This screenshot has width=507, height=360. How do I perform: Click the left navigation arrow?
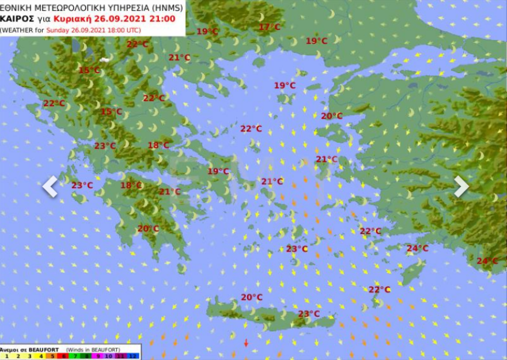click(50, 186)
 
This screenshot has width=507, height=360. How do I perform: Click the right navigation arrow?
click(461, 186)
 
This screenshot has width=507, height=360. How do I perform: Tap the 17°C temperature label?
click(269, 27)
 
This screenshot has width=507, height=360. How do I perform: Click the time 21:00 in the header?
click(163, 18)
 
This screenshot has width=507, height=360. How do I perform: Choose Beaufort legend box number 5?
click(52, 357)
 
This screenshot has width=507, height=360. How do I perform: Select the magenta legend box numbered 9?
click(99, 357)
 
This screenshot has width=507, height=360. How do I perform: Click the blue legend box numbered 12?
click(134, 357)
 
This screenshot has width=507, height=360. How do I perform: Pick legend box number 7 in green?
click(75, 357)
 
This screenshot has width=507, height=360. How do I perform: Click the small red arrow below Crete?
click(246, 343)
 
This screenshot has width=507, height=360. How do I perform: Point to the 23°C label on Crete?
click(309, 314)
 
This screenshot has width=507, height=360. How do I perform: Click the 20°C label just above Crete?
click(252, 297)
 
